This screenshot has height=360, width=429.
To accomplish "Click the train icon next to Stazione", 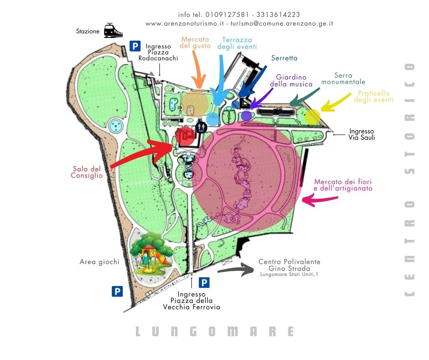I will coord(113,31).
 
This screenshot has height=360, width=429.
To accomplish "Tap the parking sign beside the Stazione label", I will coord(135,46).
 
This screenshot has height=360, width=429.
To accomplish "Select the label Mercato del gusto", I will coord(195,42).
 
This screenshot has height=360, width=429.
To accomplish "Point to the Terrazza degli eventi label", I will coord(237,43).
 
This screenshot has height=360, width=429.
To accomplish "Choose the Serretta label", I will coord(284,58).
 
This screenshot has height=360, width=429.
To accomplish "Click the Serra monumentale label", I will coord(343,79).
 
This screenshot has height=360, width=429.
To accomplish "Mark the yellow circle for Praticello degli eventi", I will coord(313,116).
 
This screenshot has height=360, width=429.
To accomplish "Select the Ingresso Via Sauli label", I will coord(361,134).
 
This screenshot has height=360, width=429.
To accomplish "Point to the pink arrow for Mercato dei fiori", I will coord(320,199).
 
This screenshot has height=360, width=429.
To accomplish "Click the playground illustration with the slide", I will coord(151,253).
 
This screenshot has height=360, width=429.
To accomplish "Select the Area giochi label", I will coord(99,262).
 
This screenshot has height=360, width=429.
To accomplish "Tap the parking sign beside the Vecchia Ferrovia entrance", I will coord(204,283).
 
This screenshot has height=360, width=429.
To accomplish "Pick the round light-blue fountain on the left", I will coord(116,125).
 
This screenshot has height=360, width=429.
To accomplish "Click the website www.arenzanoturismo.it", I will coord(184,23).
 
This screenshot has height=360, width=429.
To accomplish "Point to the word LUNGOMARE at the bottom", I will coord(214,331).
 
